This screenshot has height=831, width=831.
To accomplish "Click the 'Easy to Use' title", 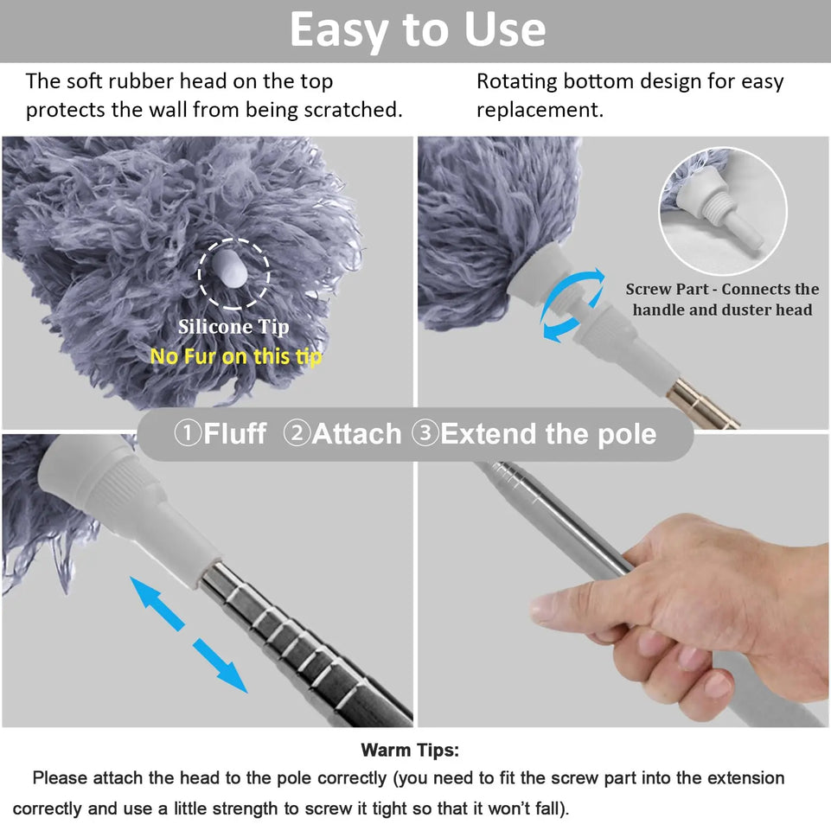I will coord(417,30).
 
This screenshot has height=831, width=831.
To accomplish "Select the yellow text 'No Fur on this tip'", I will coord(235,356).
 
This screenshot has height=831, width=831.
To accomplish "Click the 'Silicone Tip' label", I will coord(233,327).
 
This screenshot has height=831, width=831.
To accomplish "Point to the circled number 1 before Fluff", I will coord(187,432).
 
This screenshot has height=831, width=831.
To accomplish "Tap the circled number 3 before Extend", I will coord(425,432).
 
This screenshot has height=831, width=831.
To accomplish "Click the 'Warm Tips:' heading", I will coord(410,750).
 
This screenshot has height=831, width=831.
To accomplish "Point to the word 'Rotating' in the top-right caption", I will coord(516,82).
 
